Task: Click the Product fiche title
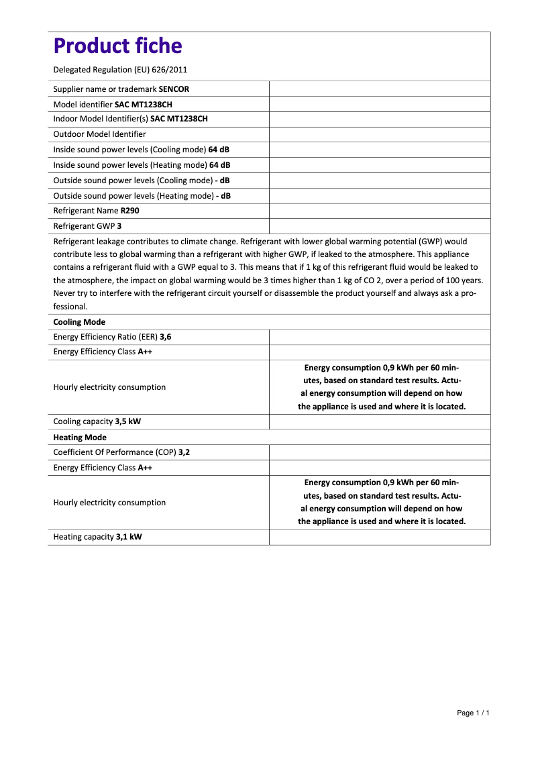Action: coord(117,46)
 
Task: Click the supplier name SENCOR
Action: coord(178,89)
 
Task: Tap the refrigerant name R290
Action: coord(131,211)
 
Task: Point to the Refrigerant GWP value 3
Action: coord(119,226)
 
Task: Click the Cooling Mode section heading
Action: coord(79,322)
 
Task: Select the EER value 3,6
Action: coord(165,337)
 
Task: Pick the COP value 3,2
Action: coord(184,452)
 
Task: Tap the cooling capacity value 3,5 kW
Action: coord(127,421)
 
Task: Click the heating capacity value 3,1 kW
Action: coord(129,537)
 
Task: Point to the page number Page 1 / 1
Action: coord(473,713)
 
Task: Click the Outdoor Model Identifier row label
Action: coord(99,134)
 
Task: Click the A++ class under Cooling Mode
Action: coord(145,352)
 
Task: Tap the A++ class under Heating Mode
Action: coord(145,468)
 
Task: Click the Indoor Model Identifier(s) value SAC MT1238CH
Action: coord(179,119)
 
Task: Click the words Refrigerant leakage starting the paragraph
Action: coord(85,241)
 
